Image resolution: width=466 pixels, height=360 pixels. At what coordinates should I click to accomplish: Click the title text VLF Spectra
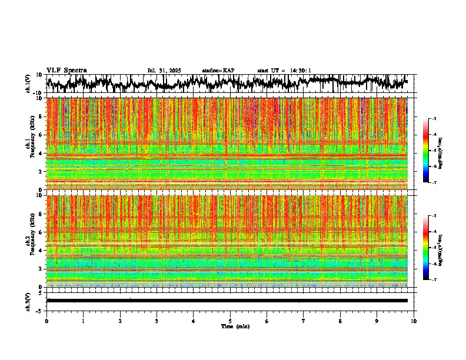pyautogui.click(x=66, y=70)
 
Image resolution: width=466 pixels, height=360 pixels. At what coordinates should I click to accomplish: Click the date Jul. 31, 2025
pyautogui.click(x=164, y=71)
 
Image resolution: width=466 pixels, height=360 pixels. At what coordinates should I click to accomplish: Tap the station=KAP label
pyautogui.click(x=218, y=71)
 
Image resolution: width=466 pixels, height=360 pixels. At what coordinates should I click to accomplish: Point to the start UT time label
pyautogui.click(x=284, y=71)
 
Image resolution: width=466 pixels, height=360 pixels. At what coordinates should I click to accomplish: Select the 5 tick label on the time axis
pyautogui.click(x=230, y=321)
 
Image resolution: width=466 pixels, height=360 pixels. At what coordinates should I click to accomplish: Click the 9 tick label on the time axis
pyautogui.click(x=377, y=321)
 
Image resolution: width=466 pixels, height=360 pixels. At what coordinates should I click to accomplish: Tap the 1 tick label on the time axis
pyautogui.click(x=83, y=321)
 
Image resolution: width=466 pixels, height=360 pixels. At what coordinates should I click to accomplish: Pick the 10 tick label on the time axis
pyautogui.click(x=414, y=321)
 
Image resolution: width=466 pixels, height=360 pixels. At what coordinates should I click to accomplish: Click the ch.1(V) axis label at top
pyautogui.click(x=28, y=84)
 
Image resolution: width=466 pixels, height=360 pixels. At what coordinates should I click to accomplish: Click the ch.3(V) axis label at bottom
pyautogui.click(x=28, y=300)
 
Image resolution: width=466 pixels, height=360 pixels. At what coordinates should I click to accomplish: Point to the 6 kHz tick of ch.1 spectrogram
pyautogui.click(x=40, y=135)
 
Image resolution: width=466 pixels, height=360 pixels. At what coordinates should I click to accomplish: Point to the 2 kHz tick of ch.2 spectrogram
pyautogui.click(x=40, y=269)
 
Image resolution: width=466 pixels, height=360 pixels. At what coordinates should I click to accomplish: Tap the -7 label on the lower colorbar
pyautogui.click(x=434, y=280)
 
